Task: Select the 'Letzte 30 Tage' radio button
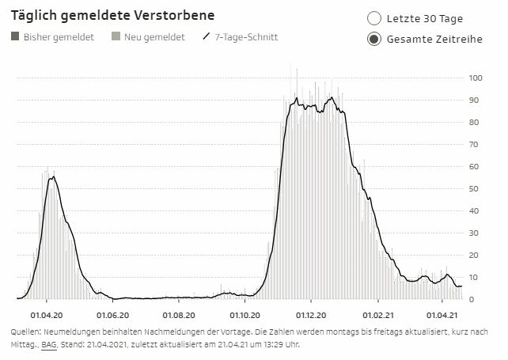pyautogui.click(x=374, y=18)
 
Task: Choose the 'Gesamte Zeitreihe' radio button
pyautogui.click(x=374, y=40)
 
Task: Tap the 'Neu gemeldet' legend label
pyautogui.click(x=155, y=37)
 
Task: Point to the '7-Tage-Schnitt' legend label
pyautogui.click(x=246, y=37)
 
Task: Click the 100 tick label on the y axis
pyautogui.click(x=476, y=78)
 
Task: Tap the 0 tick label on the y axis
pyautogui.click(x=471, y=300)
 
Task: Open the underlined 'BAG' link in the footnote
pyautogui.click(x=49, y=345)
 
